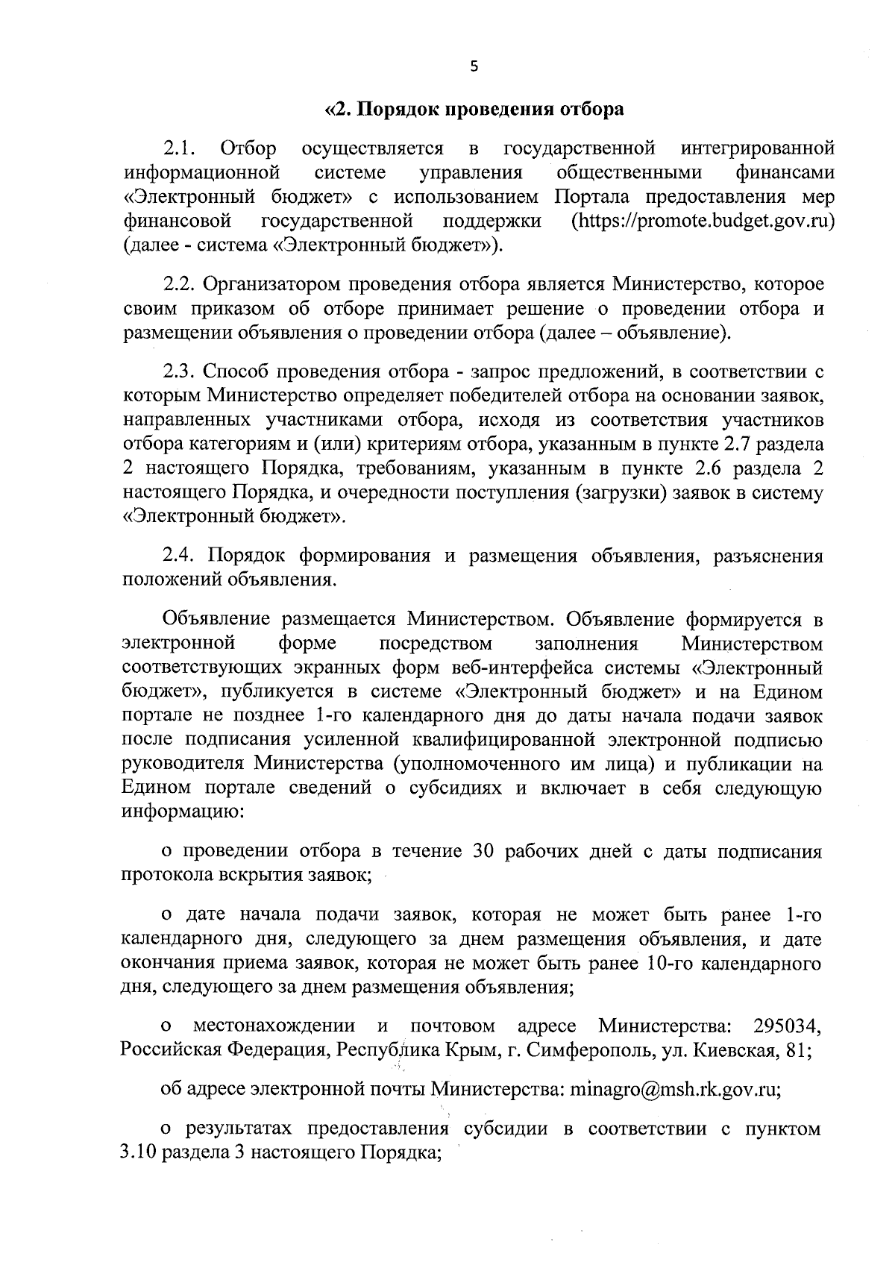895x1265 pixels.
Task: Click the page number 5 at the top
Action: [x=473, y=67]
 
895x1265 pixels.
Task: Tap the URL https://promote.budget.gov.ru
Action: [x=701, y=222]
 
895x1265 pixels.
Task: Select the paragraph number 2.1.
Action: [x=179, y=148]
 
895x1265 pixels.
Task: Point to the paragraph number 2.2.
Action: [x=179, y=285]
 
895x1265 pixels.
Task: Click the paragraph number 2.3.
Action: [x=179, y=371]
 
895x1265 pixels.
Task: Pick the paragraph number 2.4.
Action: [x=179, y=556]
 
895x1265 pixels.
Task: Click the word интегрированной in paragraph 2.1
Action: [x=757, y=148]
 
